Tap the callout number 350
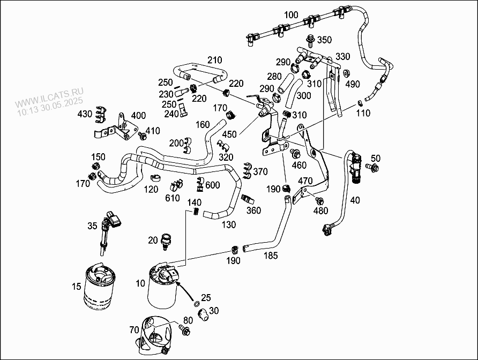324,40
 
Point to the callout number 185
271,256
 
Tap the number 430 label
85,114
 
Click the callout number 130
228,225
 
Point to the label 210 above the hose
214,59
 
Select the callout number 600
213,185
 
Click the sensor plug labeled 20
167,242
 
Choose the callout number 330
343,57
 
